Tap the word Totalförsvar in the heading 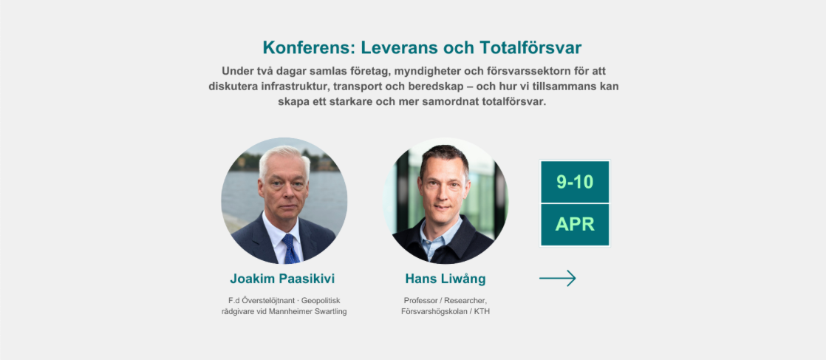[530, 48]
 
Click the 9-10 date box [575, 182]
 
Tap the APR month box [575, 225]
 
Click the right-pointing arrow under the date [557, 278]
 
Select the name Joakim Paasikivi [282, 279]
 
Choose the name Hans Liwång [446, 279]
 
